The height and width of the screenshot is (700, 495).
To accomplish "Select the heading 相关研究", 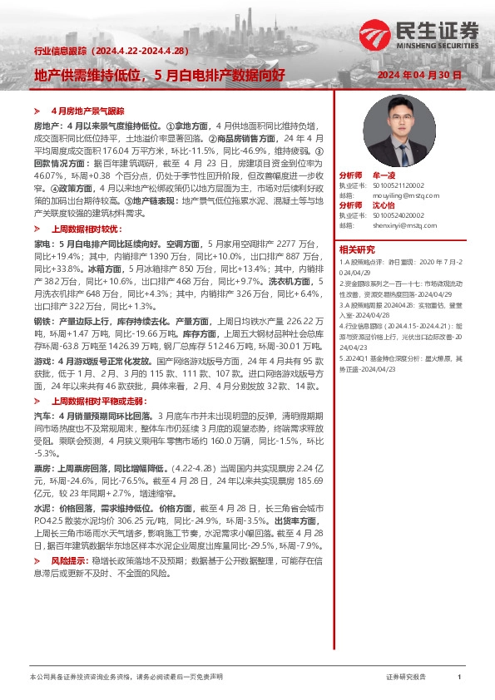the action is [x=357, y=249].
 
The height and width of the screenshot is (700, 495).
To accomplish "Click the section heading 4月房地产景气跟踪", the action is [x=87, y=110].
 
